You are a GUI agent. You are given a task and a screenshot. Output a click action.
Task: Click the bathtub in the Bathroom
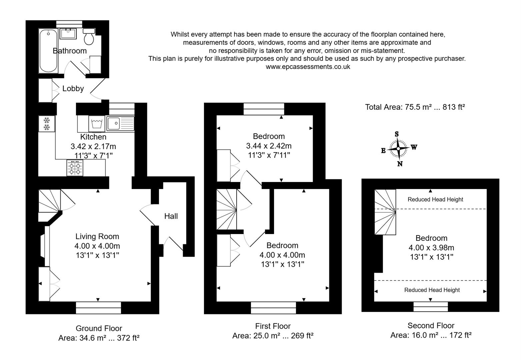point(48,51)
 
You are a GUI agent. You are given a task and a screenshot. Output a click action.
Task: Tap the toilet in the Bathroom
point(89,37)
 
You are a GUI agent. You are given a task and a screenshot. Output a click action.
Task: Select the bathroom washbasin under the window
point(69,33)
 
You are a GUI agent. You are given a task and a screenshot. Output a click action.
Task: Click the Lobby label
point(73,89)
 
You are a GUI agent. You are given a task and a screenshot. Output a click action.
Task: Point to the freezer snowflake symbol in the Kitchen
point(46,123)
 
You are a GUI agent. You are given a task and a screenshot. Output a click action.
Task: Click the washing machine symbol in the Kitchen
point(97,124)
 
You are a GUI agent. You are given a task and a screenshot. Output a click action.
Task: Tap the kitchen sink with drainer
point(120,123)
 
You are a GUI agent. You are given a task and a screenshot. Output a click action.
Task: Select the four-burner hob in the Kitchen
point(75,168)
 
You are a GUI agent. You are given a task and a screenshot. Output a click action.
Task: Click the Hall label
point(171,216)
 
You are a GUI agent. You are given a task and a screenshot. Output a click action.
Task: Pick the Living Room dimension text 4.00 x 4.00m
point(97,246)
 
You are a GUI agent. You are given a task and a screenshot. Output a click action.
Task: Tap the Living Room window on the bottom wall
point(98,308)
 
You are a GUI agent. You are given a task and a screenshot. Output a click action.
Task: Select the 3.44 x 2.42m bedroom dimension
point(269,146)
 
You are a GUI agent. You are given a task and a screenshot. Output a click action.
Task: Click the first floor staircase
point(227,209)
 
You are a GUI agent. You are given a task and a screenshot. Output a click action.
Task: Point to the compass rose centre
point(398,148)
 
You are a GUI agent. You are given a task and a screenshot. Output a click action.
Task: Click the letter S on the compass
point(397,134)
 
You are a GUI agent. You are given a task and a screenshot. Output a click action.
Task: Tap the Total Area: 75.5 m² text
point(415,107)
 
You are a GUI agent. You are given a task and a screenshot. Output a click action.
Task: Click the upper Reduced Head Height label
point(435,200)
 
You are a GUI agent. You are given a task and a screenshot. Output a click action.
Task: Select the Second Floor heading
point(431,326)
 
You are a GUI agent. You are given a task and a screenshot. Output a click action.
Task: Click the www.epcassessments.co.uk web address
point(308,67)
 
